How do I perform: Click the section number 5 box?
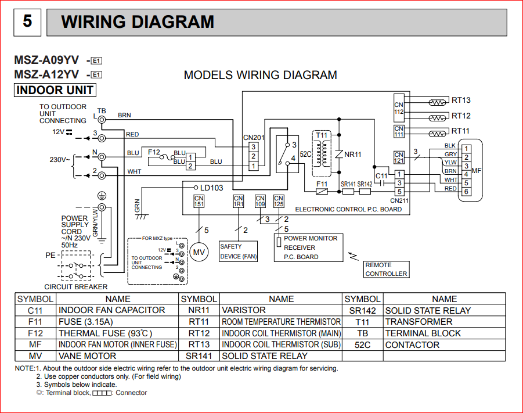click(27, 22)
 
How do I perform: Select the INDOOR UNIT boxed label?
click(55, 90)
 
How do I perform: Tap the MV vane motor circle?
click(199, 253)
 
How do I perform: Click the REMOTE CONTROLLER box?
click(386, 269)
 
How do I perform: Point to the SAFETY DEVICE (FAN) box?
click(238, 251)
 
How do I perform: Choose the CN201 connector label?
click(254, 138)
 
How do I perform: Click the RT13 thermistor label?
click(461, 100)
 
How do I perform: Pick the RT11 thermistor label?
click(461, 131)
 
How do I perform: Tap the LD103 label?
click(211, 188)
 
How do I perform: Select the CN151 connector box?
click(199, 202)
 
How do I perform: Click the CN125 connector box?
click(279, 202)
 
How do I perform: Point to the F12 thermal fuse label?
click(154, 152)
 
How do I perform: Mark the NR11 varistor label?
click(353, 155)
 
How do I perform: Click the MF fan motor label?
click(477, 171)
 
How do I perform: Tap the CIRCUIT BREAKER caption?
click(76, 286)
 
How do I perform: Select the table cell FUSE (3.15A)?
click(85, 322)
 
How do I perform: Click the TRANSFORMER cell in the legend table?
click(419, 322)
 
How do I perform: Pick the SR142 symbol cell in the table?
click(363, 311)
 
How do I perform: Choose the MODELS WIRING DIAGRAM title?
click(260, 75)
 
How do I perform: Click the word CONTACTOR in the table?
click(412, 344)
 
